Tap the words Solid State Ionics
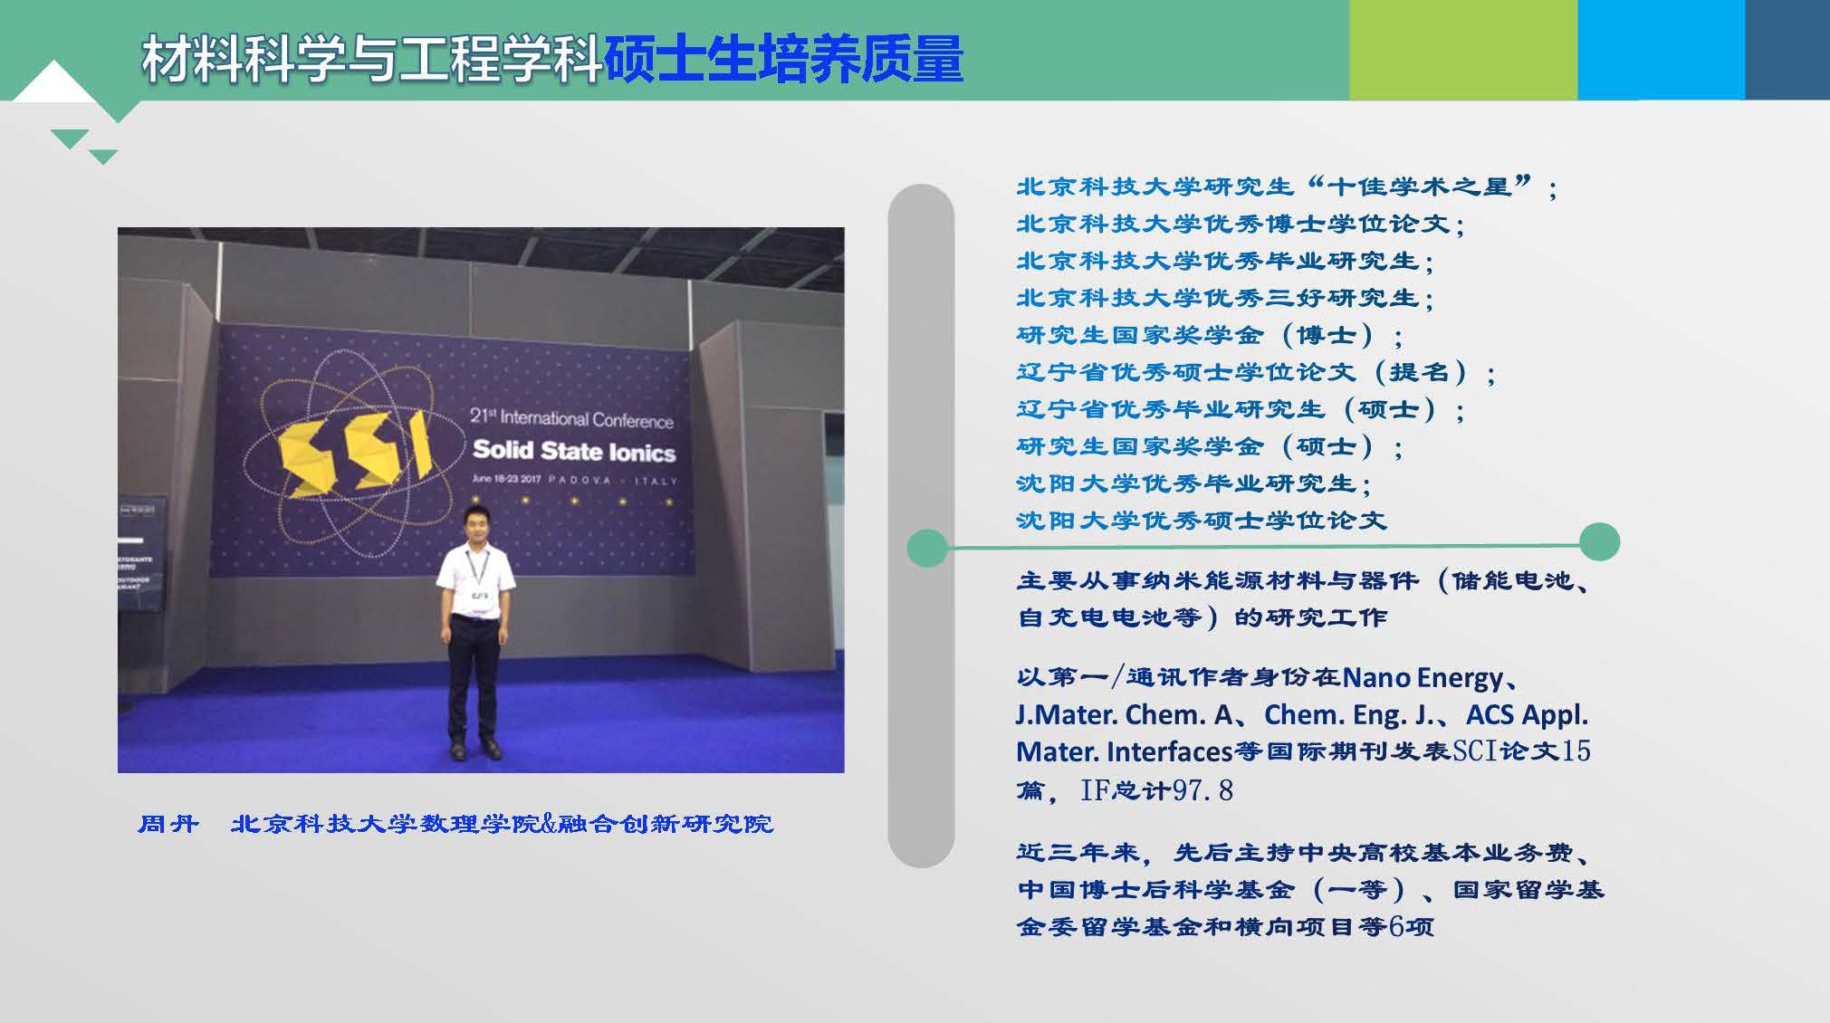[574, 451]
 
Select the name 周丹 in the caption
[168, 824]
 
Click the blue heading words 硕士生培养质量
[783, 60]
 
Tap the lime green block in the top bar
[1463, 50]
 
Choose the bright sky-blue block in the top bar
[1661, 50]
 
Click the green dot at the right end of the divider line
[1599, 541]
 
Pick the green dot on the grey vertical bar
[927, 548]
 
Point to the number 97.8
[1202, 790]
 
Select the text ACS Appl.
[1527, 714]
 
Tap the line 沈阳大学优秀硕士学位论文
[1202, 521]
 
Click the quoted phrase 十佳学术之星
[1420, 186]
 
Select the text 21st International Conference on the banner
[571, 418]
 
